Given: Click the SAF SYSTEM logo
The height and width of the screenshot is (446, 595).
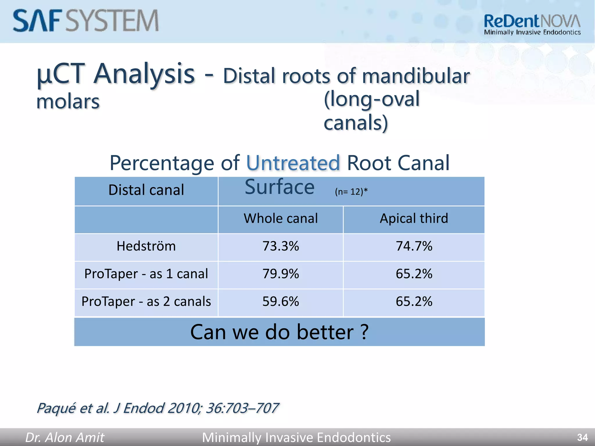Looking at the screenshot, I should click(86, 21).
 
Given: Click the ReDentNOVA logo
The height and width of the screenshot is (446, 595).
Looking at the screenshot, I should click(532, 25).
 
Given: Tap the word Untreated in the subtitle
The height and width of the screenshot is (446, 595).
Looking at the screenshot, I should click(293, 163).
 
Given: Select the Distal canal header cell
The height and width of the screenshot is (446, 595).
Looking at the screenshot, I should click(146, 190).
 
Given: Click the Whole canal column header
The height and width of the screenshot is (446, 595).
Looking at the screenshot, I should click(281, 218).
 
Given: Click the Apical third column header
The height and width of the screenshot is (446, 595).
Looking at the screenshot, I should click(414, 218).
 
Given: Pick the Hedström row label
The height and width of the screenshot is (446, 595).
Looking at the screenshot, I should click(146, 246).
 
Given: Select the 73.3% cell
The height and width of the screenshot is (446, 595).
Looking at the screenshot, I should click(281, 246).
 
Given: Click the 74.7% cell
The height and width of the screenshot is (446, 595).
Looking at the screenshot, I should click(414, 246).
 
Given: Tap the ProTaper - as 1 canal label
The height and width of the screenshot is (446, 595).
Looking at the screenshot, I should click(146, 274).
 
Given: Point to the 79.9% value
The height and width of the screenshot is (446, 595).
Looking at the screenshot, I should click(281, 274).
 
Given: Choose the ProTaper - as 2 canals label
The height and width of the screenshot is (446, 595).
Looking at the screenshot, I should click(146, 301).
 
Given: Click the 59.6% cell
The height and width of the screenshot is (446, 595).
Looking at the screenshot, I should click(281, 301).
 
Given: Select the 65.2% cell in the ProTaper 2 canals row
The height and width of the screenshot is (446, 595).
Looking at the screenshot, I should click(414, 301).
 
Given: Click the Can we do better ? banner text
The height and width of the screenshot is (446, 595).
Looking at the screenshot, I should click(279, 332).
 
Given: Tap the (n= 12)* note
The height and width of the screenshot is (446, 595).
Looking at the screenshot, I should click(351, 192).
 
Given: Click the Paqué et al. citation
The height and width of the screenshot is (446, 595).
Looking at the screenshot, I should click(157, 408).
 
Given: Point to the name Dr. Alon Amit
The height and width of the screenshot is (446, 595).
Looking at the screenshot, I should click(64, 437).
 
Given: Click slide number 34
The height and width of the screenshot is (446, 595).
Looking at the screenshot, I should click(582, 437).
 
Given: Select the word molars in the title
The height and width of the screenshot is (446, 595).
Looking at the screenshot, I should click(68, 102).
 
